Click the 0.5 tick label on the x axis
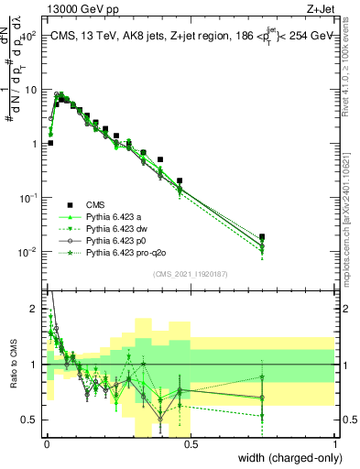[191, 446]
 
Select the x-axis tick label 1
[335, 446]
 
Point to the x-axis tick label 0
[47, 446]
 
